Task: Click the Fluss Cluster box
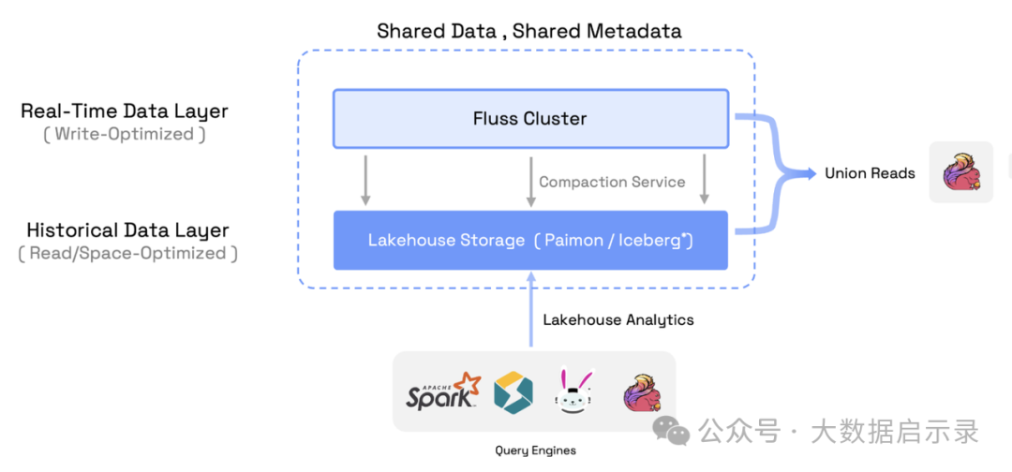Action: (530, 119)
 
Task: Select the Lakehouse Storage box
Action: (530, 240)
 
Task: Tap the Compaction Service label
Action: (612, 182)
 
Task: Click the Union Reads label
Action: (870, 173)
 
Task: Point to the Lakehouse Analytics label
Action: (618, 320)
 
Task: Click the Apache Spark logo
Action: (443, 391)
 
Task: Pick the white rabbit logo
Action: (573, 391)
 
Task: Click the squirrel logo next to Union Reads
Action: (961, 172)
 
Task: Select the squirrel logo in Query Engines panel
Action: (642, 391)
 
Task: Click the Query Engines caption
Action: (535, 450)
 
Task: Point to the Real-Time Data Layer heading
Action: (125, 111)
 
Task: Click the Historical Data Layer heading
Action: (127, 230)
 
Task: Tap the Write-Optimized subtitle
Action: (125, 135)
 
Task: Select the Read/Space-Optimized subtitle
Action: (127, 254)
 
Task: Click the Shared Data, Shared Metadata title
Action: (529, 31)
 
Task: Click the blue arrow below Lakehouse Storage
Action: (531, 309)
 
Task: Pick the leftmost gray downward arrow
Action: (366, 180)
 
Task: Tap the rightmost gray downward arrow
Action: (704, 180)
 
